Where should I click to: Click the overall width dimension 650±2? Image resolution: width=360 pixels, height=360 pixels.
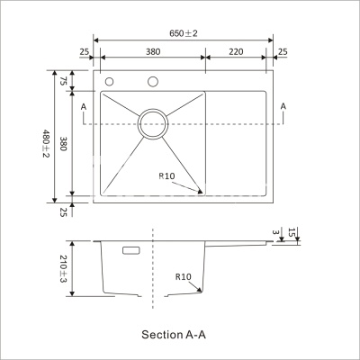point(184,32)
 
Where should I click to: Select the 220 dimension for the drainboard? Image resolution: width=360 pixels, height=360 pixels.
point(236,52)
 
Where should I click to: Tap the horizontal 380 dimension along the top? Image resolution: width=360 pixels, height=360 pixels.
point(149,52)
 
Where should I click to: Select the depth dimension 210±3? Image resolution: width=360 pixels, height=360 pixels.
point(64,268)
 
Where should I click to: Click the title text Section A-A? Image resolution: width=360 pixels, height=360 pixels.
point(174,334)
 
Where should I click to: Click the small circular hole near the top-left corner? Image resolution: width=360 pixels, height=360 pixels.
point(110,83)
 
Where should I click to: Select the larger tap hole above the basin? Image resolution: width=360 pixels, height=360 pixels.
point(152,84)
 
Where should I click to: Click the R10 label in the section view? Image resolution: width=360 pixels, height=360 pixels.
point(184,277)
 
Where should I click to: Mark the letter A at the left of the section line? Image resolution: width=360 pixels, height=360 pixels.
point(83,106)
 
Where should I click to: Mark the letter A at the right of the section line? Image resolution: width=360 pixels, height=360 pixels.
point(283,106)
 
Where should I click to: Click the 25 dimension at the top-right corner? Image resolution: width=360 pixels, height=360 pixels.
point(283,52)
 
